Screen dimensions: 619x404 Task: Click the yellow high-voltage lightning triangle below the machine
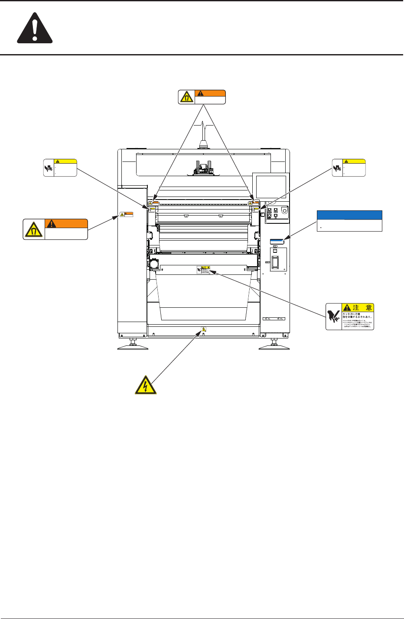pos(146,384)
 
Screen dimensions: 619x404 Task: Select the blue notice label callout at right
pos(349,221)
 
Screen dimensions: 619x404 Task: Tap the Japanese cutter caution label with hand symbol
pos(350,316)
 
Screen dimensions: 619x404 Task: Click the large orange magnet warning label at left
pos(55,229)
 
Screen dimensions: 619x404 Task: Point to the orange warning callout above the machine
pos(202,97)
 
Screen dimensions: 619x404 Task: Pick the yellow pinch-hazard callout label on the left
pos(60,168)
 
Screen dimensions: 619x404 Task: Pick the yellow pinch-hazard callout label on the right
pos(349,168)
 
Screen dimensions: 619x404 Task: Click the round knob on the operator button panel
pos(284,211)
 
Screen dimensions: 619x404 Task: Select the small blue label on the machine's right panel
pos(277,241)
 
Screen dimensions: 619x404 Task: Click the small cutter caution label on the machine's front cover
pos(205,270)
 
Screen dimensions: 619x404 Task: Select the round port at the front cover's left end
pos(153,264)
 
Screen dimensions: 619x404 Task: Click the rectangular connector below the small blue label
pos(275,261)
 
